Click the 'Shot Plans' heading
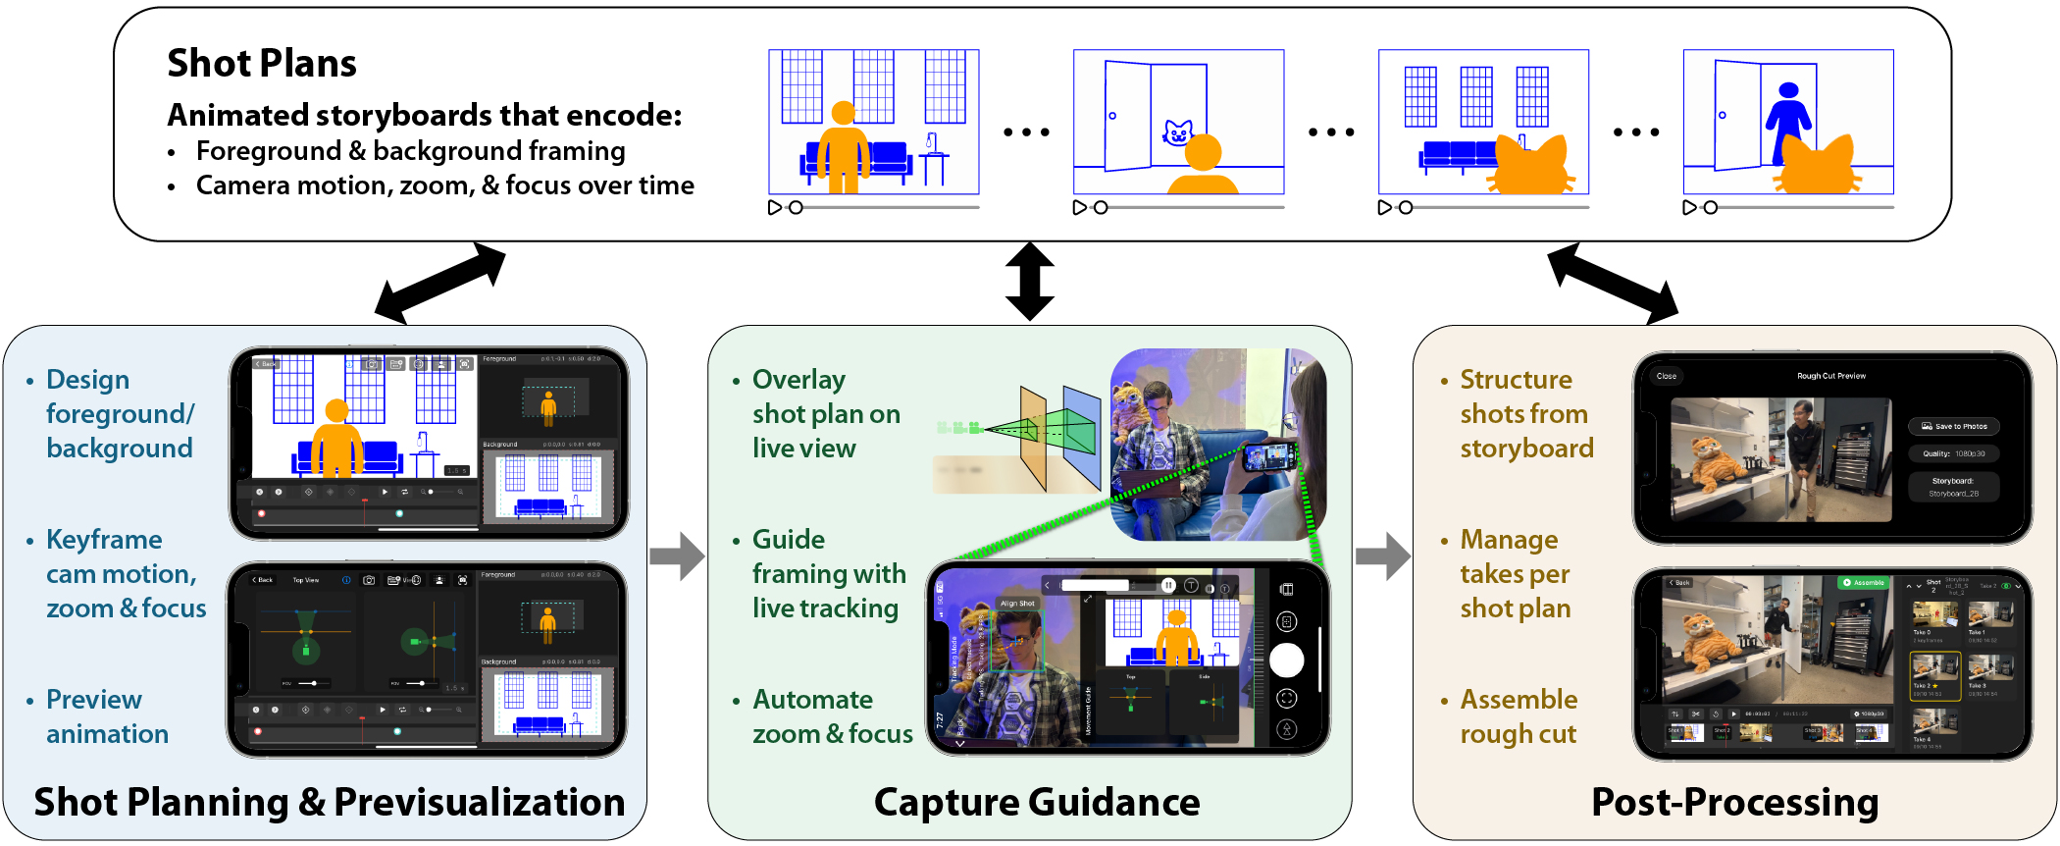pyautogui.click(x=261, y=64)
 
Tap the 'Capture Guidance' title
pyautogui.click(x=1036, y=802)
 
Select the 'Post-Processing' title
pyautogui.click(x=1734, y=802)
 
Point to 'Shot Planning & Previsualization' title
pyautogui.click(x=329, y=802)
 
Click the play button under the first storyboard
pyautogui.click(x=775, y=208)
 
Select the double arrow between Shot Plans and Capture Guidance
pyautogui.click(x=1029, y=282)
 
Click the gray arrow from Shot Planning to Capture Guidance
pyautogui.click(x=677, y=556)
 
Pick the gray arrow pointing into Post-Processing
pyautogui.click(x=1382, y=556)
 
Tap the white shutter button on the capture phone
pyautogui.click(x=1286, y=660)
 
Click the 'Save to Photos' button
pyautogui.click(x=1953, y=426)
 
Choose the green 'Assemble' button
pyautogui.click(x=1863, y=583)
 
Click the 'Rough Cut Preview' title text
pyautogui.click(x=1830, y=376)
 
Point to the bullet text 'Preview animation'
pyautogui.click(x=107, y=716)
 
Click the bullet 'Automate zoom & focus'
pyautogui.click(x=832, y=716)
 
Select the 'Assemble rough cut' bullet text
pyautogui.click(x=1519, y=716)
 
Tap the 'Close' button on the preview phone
pyautogui.click(x=1666, y=376)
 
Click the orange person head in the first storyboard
pyautogui.click(x=843, y=113)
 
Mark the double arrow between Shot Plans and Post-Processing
pyautogui.click(x=1613, y=284)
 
